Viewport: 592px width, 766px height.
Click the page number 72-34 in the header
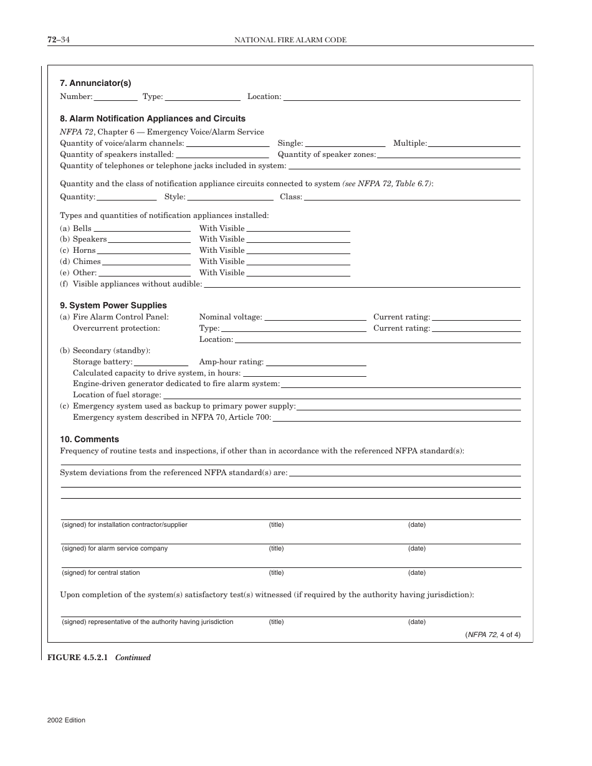pos(58,40)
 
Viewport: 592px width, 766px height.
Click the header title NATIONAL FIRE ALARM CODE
pos(290,40)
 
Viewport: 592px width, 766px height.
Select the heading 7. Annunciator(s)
pos(95,83)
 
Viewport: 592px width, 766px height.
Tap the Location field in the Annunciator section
pos(401,97)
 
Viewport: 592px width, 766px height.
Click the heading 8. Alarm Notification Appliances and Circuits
pos(153,118)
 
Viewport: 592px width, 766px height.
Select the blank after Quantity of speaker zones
pos(448,155)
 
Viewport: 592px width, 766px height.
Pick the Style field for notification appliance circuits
pos(230,197)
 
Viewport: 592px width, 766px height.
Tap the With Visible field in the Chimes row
pos(297,262)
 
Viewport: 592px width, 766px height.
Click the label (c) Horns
pos(78,250)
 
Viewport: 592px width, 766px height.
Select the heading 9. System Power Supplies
pos(113,305)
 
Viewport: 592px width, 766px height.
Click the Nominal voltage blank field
pos(315,318)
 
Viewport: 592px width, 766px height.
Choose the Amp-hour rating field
pos(315,362)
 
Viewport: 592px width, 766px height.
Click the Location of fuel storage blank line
pos(341,395)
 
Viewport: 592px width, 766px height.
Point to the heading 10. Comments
pos(89,439)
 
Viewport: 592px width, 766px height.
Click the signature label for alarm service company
pos(115,549)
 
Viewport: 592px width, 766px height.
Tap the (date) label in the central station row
pos(417,572)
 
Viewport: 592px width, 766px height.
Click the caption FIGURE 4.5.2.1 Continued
pos(99,657)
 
